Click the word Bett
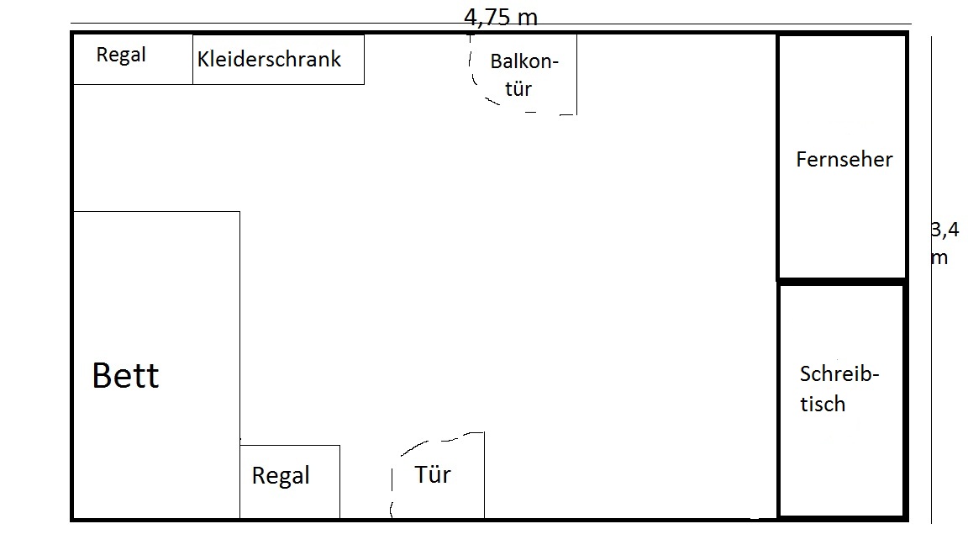click(x=125, y=375)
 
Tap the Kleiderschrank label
click(x=269, y=59)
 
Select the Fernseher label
click(x=844, y=160)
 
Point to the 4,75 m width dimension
click(x=501, y=17)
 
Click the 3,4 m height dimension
click(x=944, y=243)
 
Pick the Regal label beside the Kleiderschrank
click(x=121, y=55)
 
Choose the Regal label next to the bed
click(x=281, y=475)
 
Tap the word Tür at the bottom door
click(x=432, y=474)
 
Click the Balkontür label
click(x=523, y=75)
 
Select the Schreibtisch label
click(x=839, y=389)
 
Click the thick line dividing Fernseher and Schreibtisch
click(x=841, y=281)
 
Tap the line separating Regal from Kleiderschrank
click(x=192, y=60)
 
